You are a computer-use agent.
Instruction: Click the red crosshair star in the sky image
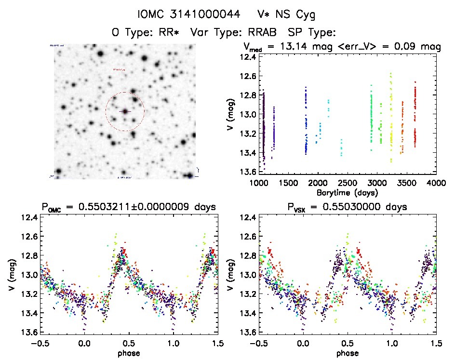125,111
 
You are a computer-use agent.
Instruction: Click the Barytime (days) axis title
347,192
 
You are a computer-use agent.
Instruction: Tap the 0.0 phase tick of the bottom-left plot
84,344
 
